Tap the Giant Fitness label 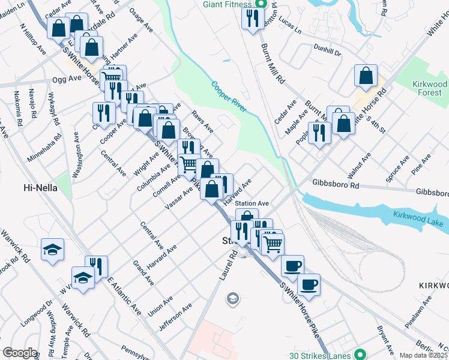tap(227, 5)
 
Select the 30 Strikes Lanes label tap(324, 354)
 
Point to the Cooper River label tap(229, 96)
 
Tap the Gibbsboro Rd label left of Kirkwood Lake tap(335, 185)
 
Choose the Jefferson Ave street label tap(175, 317)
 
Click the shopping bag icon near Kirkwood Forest tap(366, 76)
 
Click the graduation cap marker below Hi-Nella tap(52, 249)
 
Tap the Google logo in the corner tap(20, 353)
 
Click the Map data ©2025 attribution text tap(423, 355)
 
